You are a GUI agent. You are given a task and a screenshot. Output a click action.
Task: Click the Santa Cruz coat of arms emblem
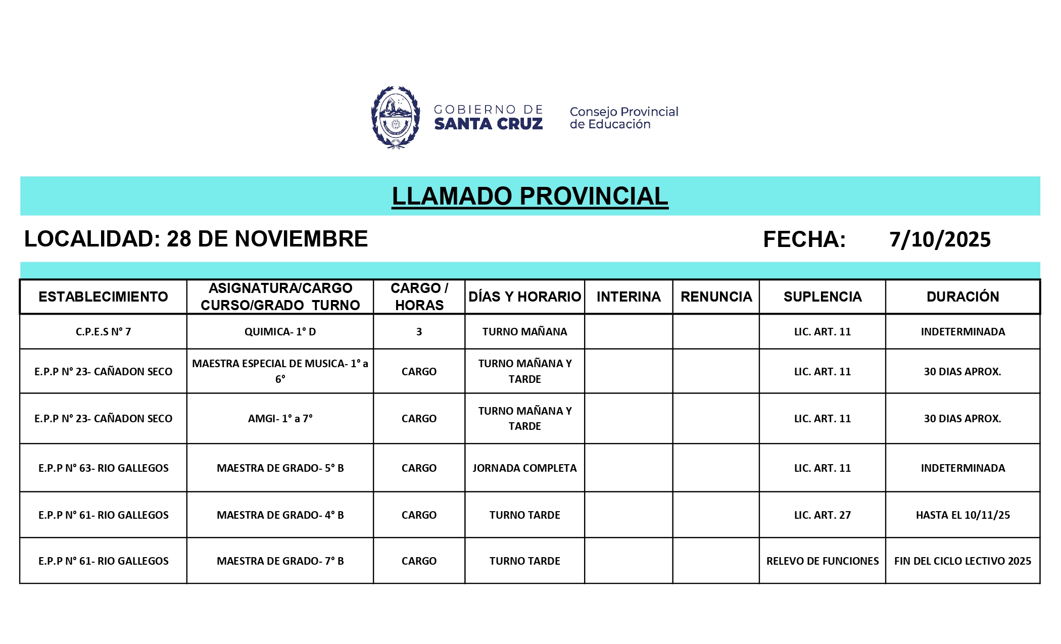point(396,117)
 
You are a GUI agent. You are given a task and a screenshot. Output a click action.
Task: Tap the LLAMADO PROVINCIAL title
point(530,196)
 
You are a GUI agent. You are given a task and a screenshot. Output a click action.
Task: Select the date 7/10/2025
point(940,239)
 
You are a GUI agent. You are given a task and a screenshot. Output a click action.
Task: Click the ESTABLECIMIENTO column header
point(103,296)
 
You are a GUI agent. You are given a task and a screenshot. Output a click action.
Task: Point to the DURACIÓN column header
point(962,296)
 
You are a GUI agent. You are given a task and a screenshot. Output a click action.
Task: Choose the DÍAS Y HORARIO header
point(524,296)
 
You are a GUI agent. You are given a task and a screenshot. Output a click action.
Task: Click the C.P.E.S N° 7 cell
point(103,332)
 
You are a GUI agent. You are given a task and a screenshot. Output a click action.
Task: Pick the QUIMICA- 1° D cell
point(280,332)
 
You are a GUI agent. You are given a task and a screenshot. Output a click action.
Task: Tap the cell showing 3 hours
point(419,332)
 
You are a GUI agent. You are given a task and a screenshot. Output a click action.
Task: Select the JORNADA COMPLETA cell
point(524,468)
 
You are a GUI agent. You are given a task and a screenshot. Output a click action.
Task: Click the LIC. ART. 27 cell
point(822,515)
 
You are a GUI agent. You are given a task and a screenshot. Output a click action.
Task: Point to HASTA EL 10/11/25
point(962,515)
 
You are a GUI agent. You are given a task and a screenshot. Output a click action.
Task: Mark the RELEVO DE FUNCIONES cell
point(822,561)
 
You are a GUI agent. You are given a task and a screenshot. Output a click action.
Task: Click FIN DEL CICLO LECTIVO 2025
point(962,561)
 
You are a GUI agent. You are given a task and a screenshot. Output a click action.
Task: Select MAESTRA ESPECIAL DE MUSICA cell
point(280,371)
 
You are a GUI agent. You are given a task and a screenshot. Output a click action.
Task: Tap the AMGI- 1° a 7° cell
point(280,419)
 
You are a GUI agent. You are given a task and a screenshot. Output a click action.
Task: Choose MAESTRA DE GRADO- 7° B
point(280,561)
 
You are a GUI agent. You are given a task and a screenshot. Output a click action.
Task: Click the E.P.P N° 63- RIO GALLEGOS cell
point(103,468)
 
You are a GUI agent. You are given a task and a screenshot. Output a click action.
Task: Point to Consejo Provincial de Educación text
point(623,118)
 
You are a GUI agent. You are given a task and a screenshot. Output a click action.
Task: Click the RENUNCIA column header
point(716,296)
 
